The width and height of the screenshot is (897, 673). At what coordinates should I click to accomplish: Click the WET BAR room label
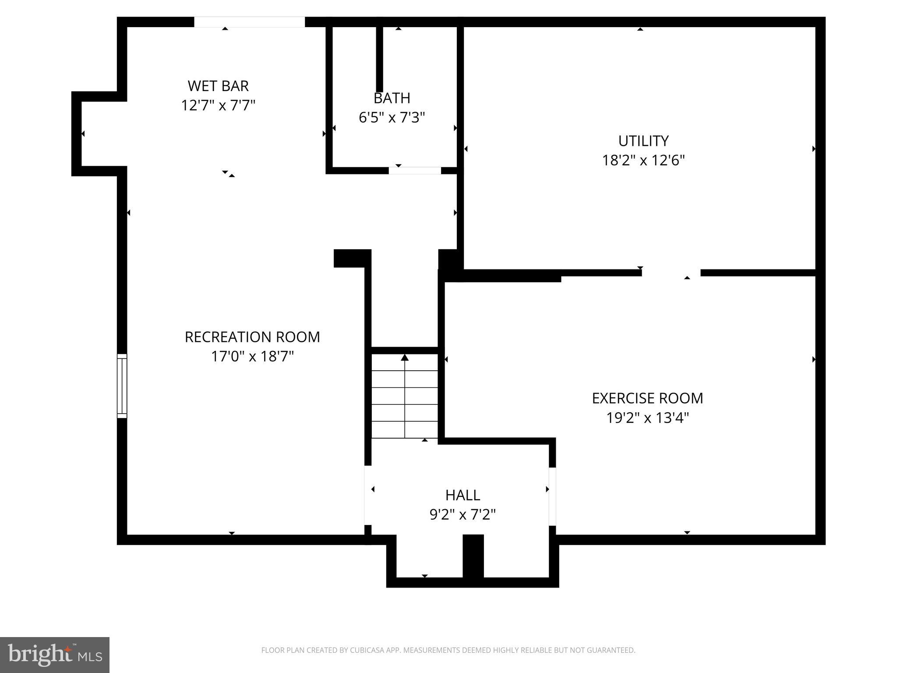218,86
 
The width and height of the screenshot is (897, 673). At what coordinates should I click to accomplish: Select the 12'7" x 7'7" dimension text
218,106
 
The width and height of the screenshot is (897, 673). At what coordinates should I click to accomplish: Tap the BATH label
392,98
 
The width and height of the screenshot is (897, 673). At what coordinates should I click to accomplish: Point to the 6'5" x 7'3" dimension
392,117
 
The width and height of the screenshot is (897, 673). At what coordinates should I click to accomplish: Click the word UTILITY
643,141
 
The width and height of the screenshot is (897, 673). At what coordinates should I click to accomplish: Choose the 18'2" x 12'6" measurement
643,160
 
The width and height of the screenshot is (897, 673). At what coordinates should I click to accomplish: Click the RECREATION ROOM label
252,337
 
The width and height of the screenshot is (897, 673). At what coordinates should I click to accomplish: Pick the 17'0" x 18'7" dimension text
252,357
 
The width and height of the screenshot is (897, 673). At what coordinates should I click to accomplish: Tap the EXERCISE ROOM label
647,398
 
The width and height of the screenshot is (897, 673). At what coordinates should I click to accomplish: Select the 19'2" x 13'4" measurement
647,418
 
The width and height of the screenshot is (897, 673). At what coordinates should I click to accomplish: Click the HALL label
463,495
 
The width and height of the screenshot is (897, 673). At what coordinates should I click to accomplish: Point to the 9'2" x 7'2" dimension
463,514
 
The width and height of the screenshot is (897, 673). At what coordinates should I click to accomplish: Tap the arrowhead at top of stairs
405,358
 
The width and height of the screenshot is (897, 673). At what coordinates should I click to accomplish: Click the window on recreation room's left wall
122,386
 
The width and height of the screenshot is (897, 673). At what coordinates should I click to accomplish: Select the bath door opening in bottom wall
415,170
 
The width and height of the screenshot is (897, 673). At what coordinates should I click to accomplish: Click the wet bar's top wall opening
249,22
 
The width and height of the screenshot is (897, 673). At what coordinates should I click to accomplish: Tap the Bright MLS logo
55,655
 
